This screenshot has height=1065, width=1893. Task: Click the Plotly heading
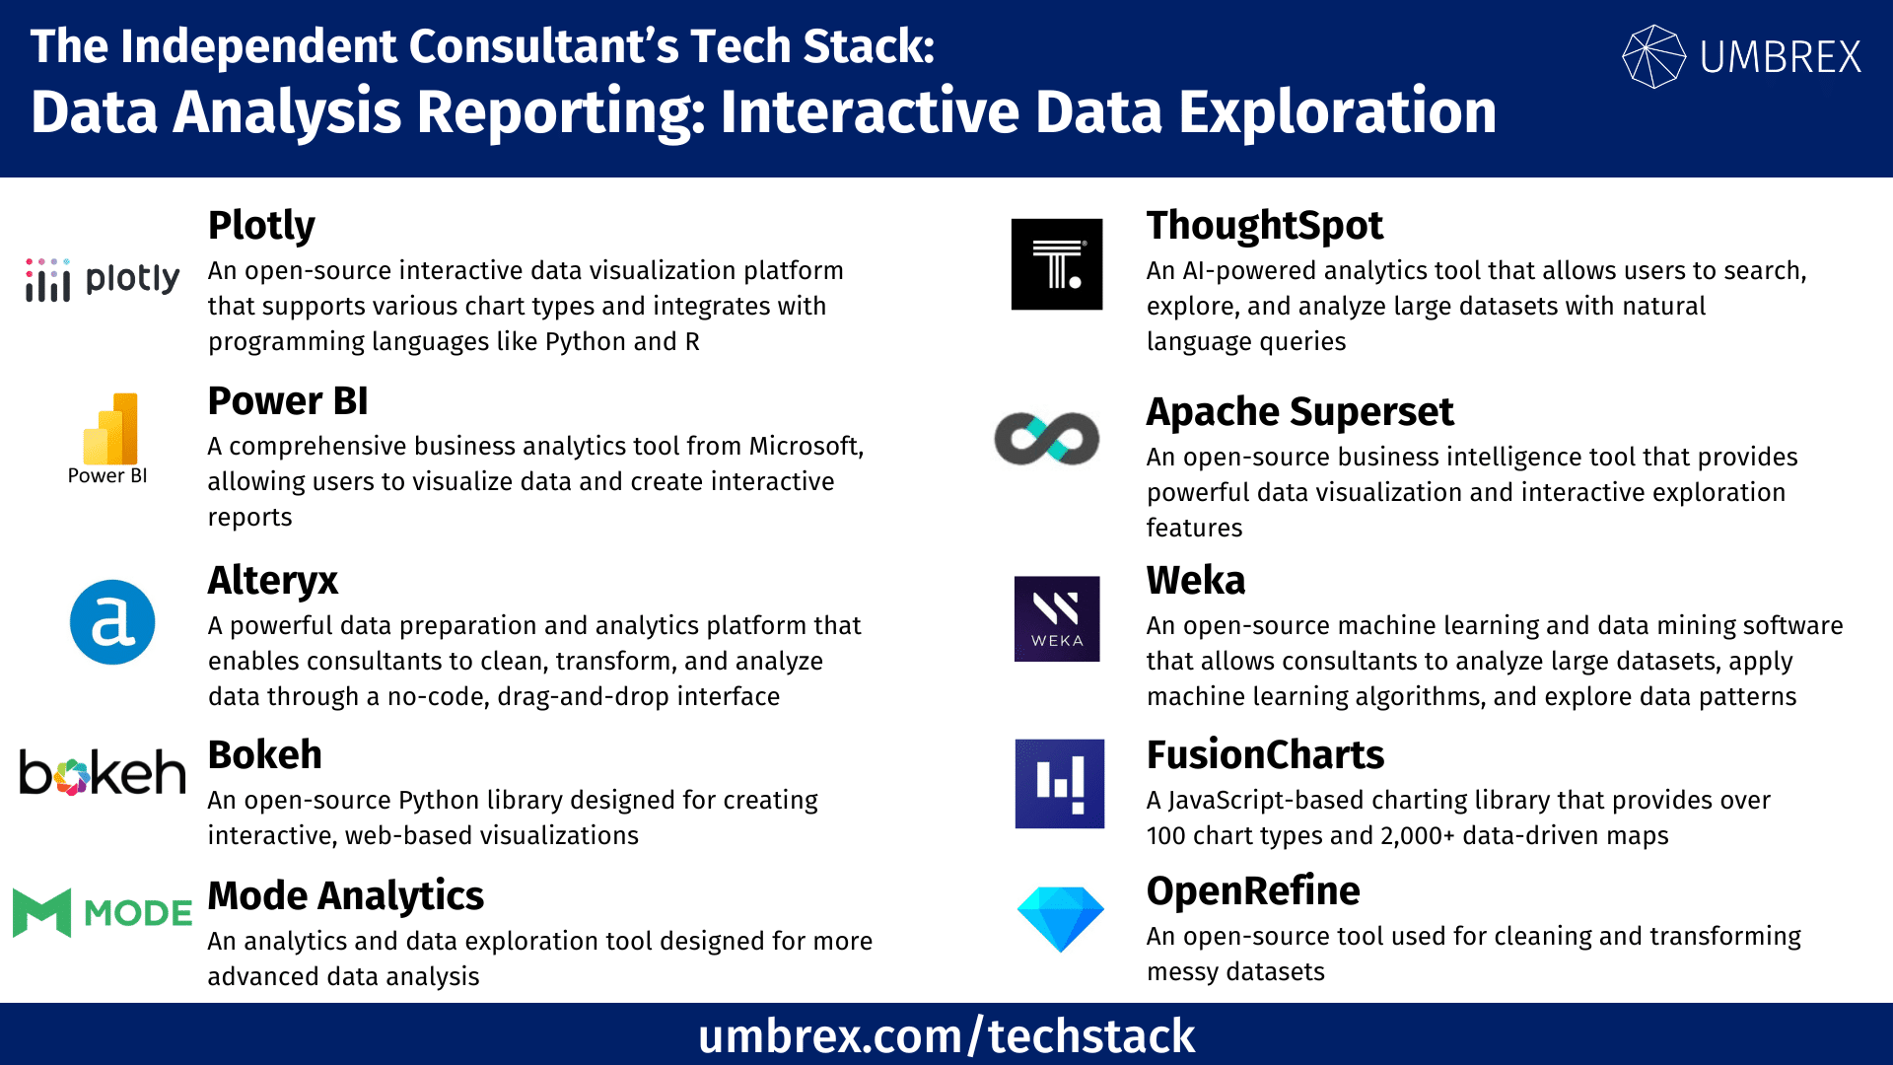(x=261, y=227)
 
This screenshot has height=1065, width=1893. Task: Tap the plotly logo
(x=103, y=280)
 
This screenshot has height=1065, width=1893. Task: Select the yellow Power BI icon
(x=110, y=429)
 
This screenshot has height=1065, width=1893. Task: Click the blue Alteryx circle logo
(x=112, y=622)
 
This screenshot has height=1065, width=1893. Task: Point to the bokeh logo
(x=103, y=772)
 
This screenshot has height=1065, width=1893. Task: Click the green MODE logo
(x=103, y=912)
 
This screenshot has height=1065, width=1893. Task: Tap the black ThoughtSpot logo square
(x=1057, y=264)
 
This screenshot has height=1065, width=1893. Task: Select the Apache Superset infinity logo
(x=1047, y=439)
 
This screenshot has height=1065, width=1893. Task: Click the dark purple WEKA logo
(x=1057, y=618)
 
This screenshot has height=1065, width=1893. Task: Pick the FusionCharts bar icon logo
(x=1060, y=784)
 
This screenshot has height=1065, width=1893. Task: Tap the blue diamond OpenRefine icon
(x=1060, y=919)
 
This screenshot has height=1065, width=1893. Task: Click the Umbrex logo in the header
(x=1742, y=56)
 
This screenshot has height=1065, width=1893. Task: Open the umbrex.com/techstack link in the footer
(x=946, y=1036)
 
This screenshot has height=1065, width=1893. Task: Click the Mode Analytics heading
(x=345, y=896)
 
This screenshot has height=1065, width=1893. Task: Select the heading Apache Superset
(x=1299, y=412)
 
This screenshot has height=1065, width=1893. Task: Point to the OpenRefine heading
(x=1253, y=891)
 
